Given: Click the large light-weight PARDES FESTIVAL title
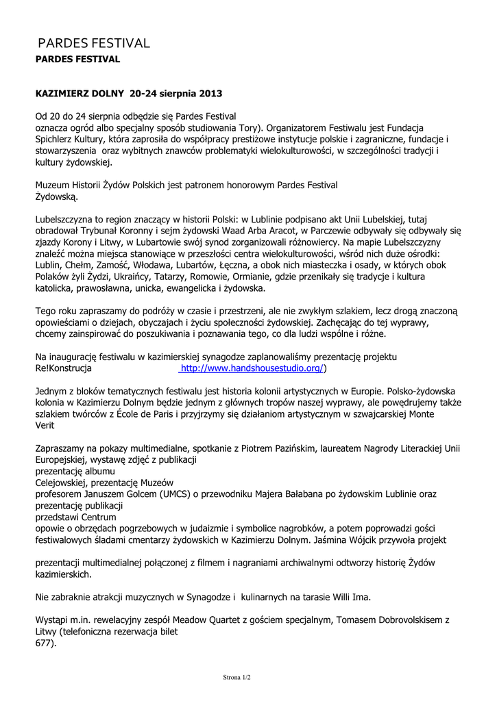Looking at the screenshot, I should tap(93, 43).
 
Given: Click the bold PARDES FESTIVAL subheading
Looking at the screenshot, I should tap(77, 60).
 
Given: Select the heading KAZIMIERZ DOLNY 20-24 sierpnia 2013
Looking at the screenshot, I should tap(129, 92).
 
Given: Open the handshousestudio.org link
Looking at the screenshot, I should tap(251, 368).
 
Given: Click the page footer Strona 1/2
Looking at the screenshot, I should tap(237, 678).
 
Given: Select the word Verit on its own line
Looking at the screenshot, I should tap(45, 426).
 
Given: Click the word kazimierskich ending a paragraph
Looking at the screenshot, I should tap(64, 574).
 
